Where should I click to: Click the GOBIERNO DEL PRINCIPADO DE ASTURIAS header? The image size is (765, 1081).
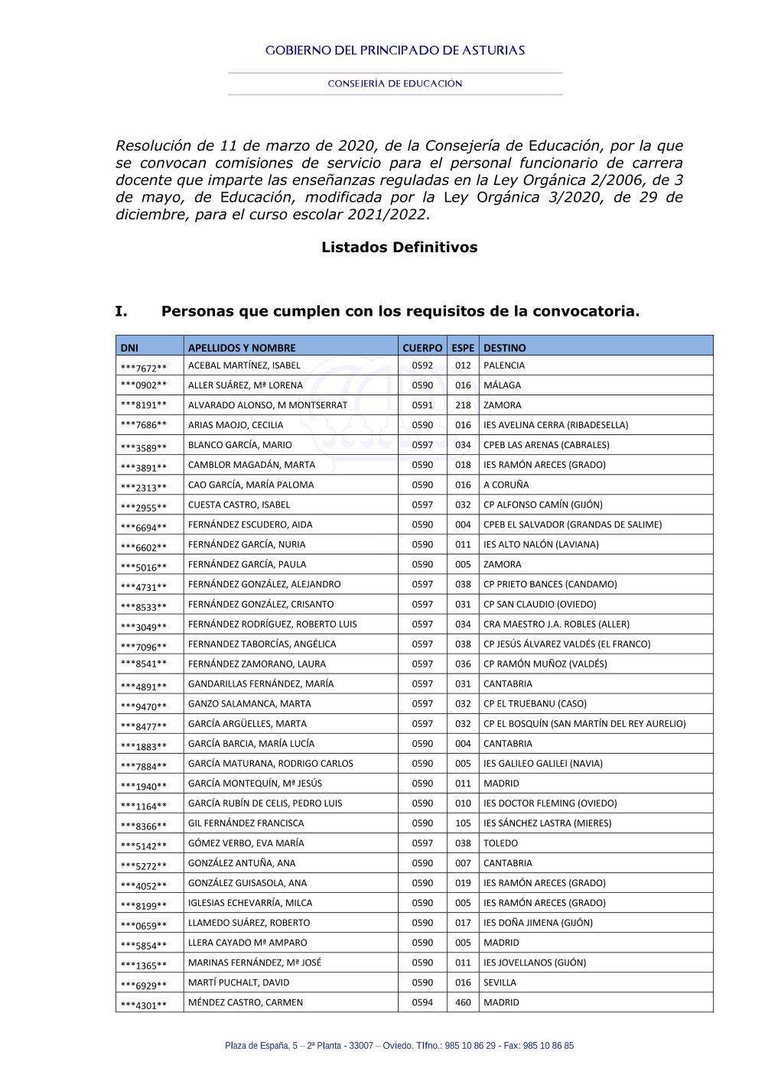coord(395,50)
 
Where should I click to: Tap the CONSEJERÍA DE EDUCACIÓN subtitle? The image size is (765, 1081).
coord(395,83)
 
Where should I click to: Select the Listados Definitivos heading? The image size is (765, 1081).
coord(399,247)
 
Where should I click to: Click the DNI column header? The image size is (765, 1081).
coord(129,348)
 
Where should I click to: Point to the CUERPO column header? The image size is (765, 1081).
coord(422,348)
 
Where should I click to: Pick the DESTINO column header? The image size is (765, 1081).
coord(505,348)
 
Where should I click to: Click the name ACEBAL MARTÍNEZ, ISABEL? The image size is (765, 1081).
coord(244,365)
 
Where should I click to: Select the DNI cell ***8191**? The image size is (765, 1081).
coord(144,406)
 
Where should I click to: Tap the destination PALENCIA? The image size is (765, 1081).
coord(504,365)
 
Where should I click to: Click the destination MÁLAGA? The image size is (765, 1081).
coord(502,385)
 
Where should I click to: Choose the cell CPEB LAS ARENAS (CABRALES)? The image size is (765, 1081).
coord(546,445)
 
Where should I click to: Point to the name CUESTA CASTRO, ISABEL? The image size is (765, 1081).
coord(239,505)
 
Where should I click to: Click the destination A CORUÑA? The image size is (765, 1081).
coord(506,485)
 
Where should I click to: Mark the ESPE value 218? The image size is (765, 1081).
coord(463,405)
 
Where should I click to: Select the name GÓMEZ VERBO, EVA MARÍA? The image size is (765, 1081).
coord(246,843)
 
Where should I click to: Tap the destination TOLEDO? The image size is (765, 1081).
coord(500,843)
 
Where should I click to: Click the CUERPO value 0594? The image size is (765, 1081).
coord(422,1002)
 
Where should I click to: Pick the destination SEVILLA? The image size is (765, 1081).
coord(500,982)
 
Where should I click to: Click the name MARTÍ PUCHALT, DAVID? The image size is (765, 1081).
coord(239,982)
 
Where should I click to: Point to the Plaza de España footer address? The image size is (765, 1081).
coord(399,1046)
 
